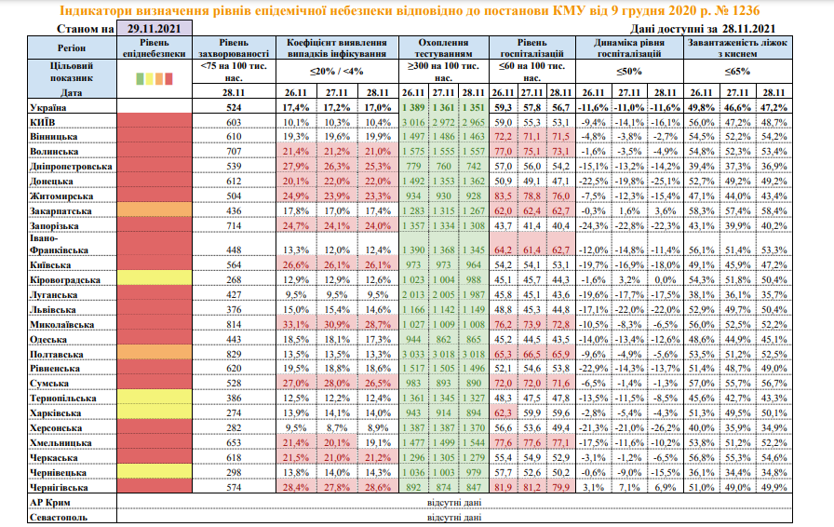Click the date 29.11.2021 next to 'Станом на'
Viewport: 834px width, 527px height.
155,30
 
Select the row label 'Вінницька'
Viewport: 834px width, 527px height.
55,136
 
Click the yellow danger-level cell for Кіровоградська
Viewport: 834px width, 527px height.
154,280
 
